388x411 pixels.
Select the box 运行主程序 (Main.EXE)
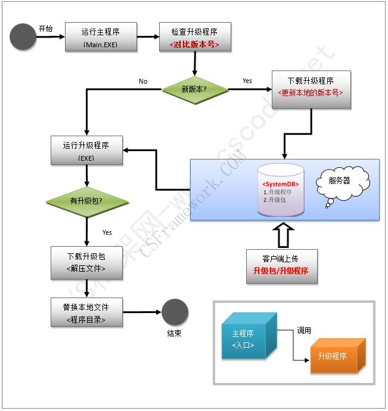(101, 37)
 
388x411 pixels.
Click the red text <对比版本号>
(195, 45)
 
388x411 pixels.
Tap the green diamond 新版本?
(195, 90)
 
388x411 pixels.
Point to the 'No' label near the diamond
(143, 81)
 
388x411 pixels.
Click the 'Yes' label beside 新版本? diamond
(247, 81)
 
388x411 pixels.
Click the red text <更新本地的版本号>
(311, 94)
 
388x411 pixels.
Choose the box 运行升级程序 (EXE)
(87, 151)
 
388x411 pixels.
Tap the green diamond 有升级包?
(87, 201)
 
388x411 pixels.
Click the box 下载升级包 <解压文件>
(87, 263)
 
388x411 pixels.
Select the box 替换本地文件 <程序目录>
(87, 312)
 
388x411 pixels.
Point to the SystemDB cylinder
(281, 190)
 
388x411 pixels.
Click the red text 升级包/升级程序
(281, 271)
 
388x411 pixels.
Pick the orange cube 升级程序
(334, 357)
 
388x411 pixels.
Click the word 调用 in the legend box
(304, 330)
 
